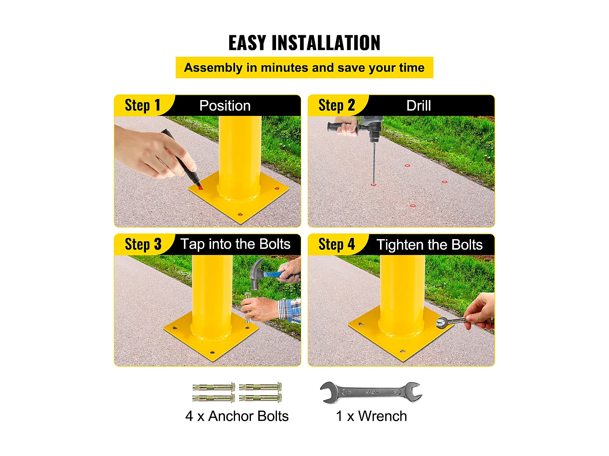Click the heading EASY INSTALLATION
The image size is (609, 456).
pyautogui.click(x=304, y=43)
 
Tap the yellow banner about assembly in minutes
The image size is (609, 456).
pyautogui.click(x=304, y=68)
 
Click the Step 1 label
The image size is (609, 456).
pyautogui.click(x=143, y=105)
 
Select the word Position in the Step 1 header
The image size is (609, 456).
pyautogui.click(x=225, y=105)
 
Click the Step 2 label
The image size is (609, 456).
pyautogui.click(x=337, y=105)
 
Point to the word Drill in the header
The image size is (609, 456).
pyautogui.click(x=419, y=105)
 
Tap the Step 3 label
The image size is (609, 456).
pyautogui.click(x=143, y=244)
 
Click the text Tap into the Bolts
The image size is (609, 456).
pyautogui.click(x=235, y=244)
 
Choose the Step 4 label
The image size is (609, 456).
pyautogui.click(x=337, y=244)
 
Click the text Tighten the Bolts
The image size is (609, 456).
pyautogui.click(x=430, y=245)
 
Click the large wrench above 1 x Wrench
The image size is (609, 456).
pyautogui.click(x=371, y=392)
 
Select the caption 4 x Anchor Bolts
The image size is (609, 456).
pyautogui.click(x=237, y=416)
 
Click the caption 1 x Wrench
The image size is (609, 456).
pyautogui.click(x=371, y=416)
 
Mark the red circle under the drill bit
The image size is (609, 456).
pyautogui.click(x=374, y=185)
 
